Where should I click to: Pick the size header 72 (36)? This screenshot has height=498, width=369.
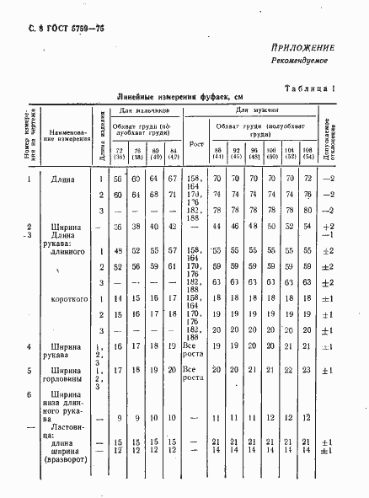[119, 153]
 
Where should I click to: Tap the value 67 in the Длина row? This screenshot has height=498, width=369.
[172, 179]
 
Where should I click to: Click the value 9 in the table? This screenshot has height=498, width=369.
[120, 418]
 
